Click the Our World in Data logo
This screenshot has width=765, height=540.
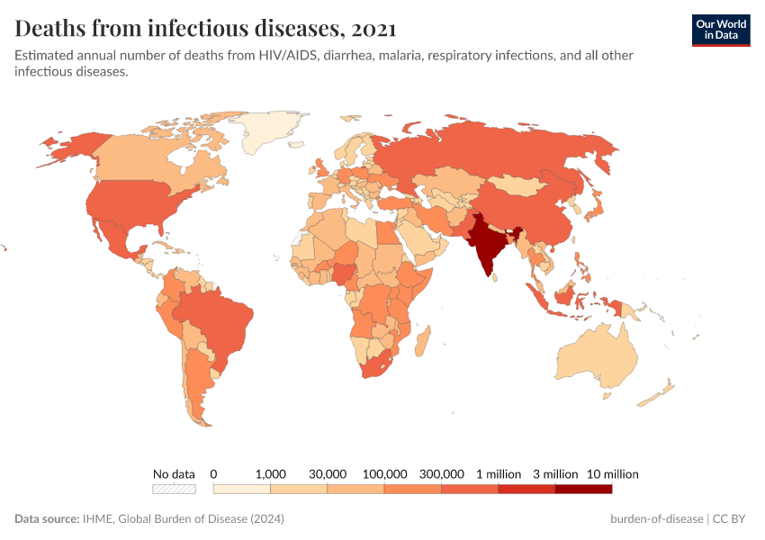pos(720,30)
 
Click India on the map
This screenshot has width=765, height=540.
pos(485,245)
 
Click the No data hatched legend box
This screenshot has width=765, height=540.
pos(174,489)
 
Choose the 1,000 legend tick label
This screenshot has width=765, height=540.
pos(270,473)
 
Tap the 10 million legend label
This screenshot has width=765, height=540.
pos(612,473)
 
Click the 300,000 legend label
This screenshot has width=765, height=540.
pos(441,473)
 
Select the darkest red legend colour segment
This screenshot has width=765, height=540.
pos(583,489)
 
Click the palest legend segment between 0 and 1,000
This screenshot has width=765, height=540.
pos(241,489)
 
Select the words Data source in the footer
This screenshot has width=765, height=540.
pos(46,519)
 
